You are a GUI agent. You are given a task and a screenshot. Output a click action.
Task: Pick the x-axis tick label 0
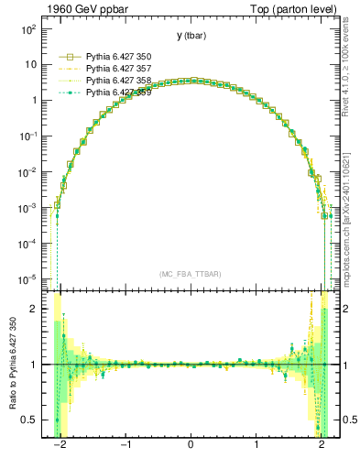click(x=191, y=448)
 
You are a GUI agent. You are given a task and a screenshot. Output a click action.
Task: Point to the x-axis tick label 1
click(x=256, y=448)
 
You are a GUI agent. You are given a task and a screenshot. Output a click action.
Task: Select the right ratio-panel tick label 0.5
click(x=347, y=420)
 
